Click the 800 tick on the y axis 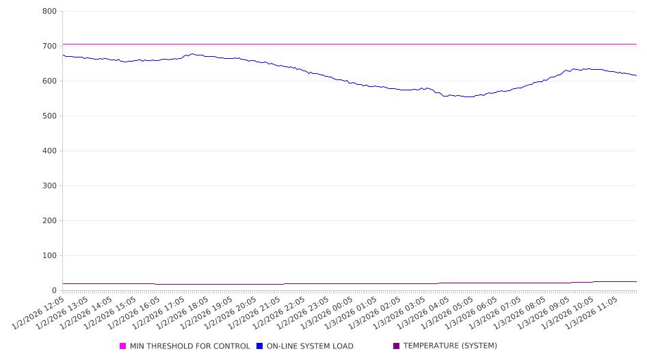[x=49, y=11]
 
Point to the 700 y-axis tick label [x=49, y=46]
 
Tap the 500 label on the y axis [x=49, y=116]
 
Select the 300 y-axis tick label [x=49, y=185]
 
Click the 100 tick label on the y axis [x=49, y=255]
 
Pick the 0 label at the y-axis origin [x=54, y=290]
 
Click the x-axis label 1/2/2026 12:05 [x=39, y=312]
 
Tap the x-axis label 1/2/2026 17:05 [x=159, y=312]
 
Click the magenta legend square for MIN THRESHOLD [x=123, y=346]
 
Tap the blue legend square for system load [x=260, y=346]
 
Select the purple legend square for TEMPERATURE [x=397, y=346]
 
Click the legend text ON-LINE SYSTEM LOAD [x=310, y=346]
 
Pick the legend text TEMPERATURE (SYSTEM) [x=450, y=346]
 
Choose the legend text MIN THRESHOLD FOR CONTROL [x=189, y=346]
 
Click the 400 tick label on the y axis [x=49, y=151]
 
